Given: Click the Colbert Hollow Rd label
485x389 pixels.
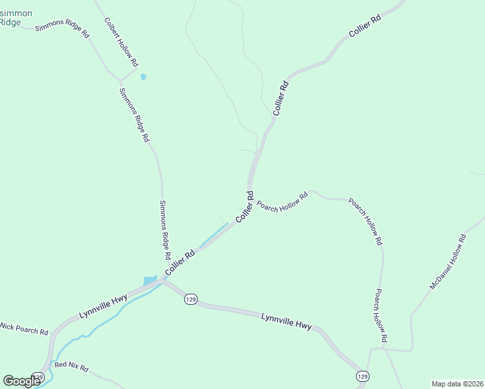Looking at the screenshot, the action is click(x=121, y=42).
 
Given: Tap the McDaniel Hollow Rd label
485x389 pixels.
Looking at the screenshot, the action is click(x=448, y=262).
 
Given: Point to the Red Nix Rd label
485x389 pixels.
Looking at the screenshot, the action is click(x=71, y=367).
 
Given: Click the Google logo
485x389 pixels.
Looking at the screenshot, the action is click(x=21, y=381).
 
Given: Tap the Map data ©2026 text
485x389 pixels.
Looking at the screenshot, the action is click(x=456, y=383).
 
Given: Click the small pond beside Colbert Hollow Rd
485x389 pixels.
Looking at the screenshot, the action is click(x=143, y=77).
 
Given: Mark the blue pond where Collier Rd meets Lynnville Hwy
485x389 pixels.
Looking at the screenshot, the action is click(x=150, y=281).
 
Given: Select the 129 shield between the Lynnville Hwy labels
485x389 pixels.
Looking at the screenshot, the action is click(x=190, y=299).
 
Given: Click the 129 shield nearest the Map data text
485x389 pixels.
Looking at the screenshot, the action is click(x=362, y=376).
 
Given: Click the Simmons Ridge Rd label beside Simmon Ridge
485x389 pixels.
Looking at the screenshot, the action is click(x=62, y=30).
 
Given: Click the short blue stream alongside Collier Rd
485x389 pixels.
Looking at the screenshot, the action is click(x=214, y=235).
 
